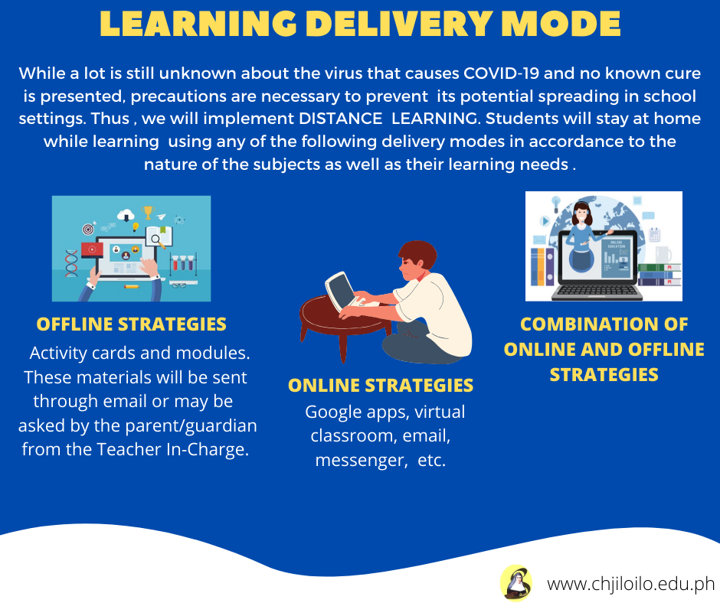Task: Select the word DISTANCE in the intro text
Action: [340, 119]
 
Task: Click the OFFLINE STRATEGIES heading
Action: [131, 324]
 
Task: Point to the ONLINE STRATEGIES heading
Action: [381, 386]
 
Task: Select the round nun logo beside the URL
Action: [516, 583]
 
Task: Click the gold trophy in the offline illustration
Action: [147, 212]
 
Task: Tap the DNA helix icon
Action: [71, 263]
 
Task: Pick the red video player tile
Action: [92, 249]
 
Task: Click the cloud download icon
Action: [126, 215]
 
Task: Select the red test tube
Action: [175, 262]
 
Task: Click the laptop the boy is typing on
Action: [342, 292]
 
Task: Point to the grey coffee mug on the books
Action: [663, 254]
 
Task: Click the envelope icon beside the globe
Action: [539, 240]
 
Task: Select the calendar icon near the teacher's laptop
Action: [654, 234]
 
